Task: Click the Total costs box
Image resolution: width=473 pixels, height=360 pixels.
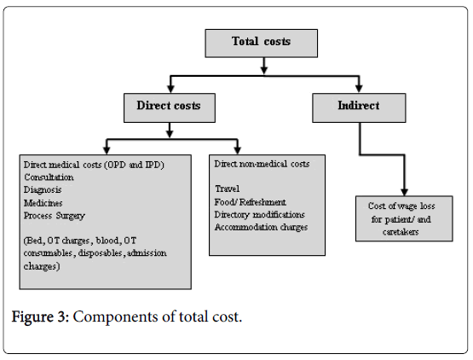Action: pos(262,44)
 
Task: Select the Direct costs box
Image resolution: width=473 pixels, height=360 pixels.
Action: pos(170,107)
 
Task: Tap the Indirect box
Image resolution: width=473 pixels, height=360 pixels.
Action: pos(359,107)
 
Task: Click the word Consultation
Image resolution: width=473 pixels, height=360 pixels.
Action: pos(49,177)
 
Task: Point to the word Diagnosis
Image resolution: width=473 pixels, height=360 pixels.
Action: pos(43,190)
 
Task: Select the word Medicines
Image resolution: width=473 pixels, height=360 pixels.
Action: pos(43,203)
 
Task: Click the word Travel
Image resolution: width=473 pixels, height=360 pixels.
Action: pos(228,189)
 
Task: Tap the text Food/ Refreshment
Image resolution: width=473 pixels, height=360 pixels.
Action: pos(251,201)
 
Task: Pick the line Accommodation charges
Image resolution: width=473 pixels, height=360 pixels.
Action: pos(262,227)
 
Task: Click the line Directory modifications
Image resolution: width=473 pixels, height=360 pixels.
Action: pos(260,214)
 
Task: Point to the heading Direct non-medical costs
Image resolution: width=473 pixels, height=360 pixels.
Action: pos(262,164)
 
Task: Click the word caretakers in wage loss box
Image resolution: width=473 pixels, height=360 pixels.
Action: pos(401,232)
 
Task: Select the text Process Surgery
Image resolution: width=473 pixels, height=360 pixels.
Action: pos(55,216)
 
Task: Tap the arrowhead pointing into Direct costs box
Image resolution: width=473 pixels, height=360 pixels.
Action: pos(170,89)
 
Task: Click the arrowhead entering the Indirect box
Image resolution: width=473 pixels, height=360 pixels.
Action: pos(359,89)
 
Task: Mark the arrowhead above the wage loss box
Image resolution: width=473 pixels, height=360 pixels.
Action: pos(405,192)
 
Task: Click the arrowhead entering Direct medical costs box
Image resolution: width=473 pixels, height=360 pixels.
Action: pos(107,150)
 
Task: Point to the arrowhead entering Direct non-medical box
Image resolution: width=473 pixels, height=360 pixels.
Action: pos(238,150)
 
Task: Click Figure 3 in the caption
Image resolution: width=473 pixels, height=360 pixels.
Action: pos(41,317)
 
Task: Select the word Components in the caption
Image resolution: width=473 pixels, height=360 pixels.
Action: pos(115,317)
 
